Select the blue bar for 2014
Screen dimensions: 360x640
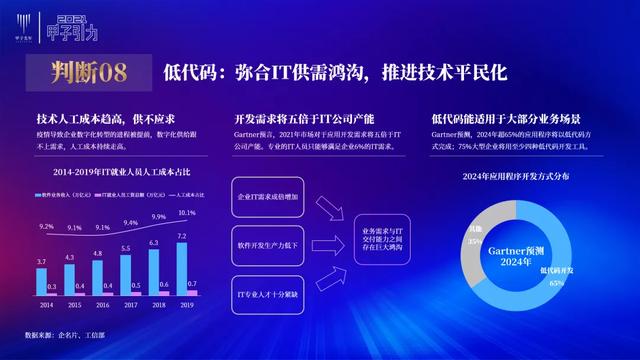pos(41,280)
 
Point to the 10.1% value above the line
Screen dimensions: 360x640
pos(187,213)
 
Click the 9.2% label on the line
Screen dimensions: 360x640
pos(46,227)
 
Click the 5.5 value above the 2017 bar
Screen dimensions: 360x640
pos(126,248)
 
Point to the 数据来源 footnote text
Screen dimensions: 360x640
pos(72,335)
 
